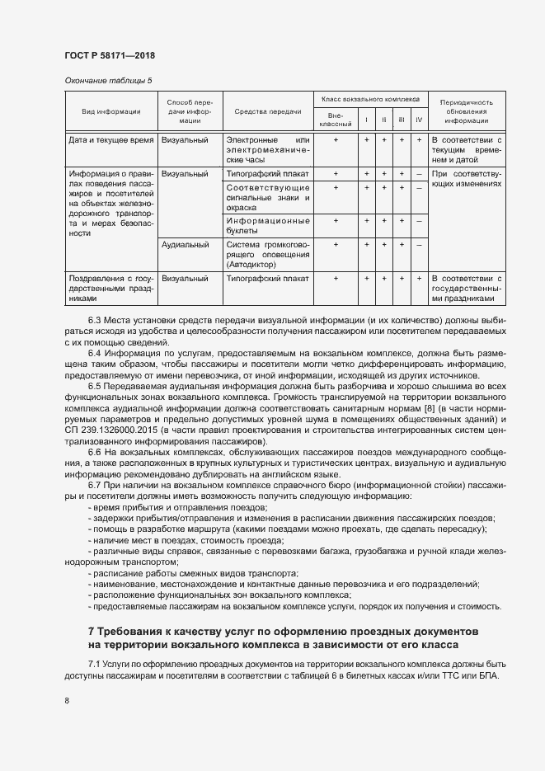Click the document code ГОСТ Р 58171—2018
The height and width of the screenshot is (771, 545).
pyautogui.click(x=110, y=55)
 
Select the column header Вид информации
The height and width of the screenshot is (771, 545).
pyautogui.click(x=110, y=111)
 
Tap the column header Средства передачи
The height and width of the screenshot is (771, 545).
pyautogui.click(x=267, y=111)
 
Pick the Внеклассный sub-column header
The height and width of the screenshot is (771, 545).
pyautogui.click(x=336, y=120)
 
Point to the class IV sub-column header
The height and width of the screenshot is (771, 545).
pyautogui.click(x=419, y=120)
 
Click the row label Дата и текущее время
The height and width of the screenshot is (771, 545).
pyautogui.click(x=111, y=140)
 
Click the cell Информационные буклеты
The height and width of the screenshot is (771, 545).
pyautogui.click(x=267, y=226)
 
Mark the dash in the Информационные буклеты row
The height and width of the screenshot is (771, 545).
pyautogui.click(x=419, y=221)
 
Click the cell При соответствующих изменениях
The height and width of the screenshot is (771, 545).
pyautogui.click(x=466, y=180)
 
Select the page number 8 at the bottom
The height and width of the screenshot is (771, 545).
pyautogui.click(x=67, y=701)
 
